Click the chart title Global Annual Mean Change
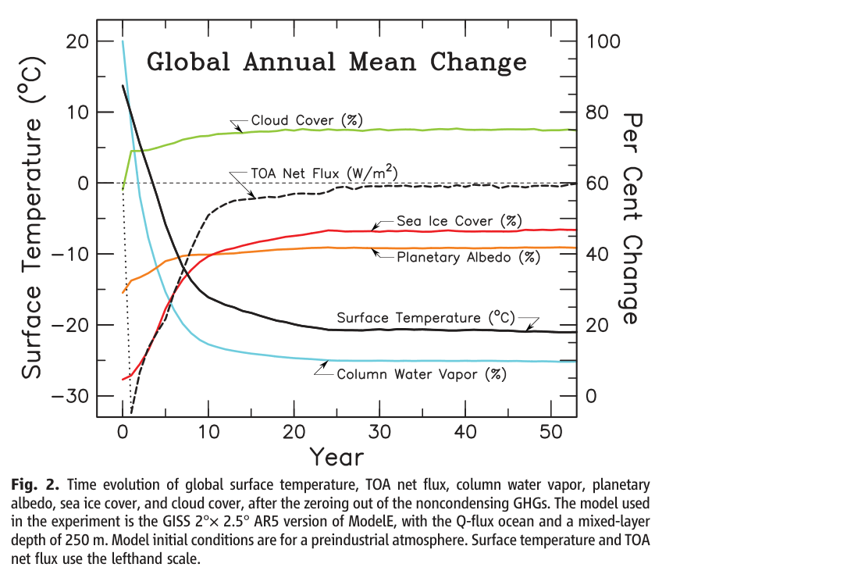pyautogui.click(x=336, y=62)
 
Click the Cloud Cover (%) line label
pyautogui.click(x=307, y=121)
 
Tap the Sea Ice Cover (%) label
pyautogui.click(x=459, y=221)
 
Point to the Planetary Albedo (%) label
pyautogui.click(x=468, y=257)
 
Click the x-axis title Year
pyautogui.click(x=336, y=455)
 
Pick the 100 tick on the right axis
pyautogui.click(x=603, y=41)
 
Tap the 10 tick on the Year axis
pyautogui.click(x=208, y=432)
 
